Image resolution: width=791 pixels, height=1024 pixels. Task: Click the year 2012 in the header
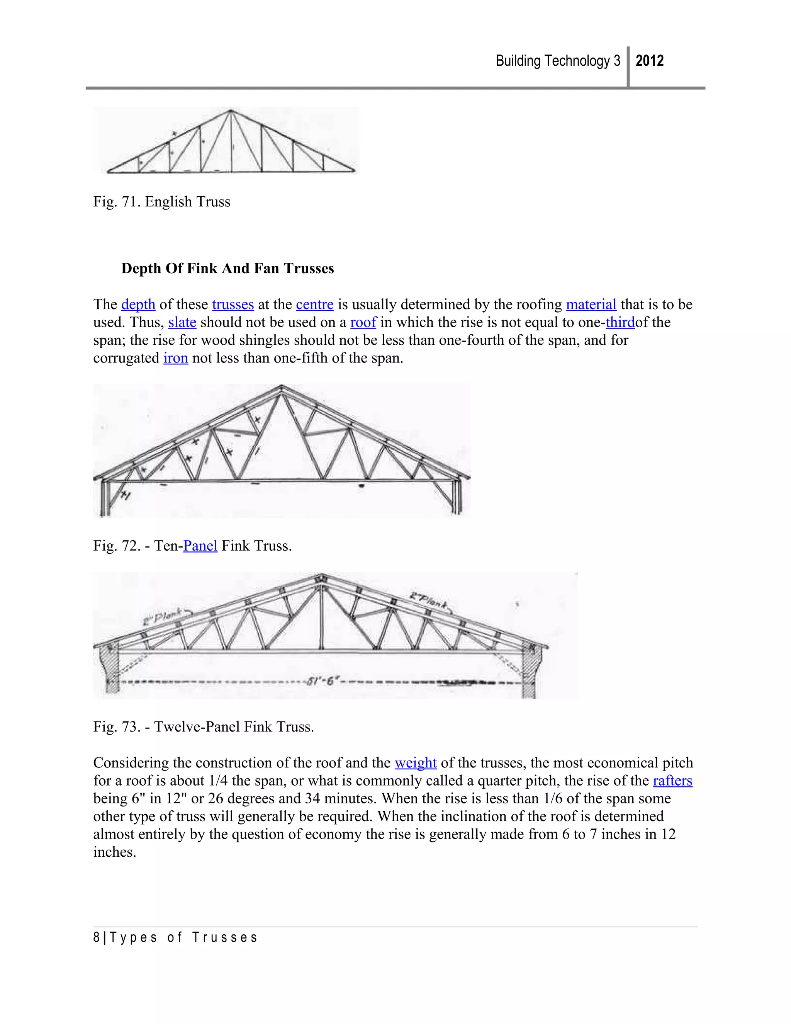pos(650,61)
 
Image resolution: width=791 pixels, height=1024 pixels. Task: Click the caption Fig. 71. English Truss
pos(162,202)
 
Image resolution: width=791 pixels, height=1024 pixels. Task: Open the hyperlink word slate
pos(182,323)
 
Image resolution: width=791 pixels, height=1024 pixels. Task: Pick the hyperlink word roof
pos(363,323)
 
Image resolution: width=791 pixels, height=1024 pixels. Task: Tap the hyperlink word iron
pos(176,358)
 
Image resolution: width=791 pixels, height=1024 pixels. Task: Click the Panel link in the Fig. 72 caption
pos(200,546)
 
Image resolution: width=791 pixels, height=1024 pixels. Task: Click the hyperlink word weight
pos(416,763)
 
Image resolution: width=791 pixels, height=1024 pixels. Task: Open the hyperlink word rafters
pos(672,781)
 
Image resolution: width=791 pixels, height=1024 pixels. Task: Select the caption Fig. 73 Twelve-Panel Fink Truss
pos(204,727)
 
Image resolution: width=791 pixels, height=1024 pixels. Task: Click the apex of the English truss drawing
pos(230,111)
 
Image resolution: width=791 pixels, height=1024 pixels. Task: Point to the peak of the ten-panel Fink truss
pos(281,387)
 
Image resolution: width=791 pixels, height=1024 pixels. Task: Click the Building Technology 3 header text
pos(558,61)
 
